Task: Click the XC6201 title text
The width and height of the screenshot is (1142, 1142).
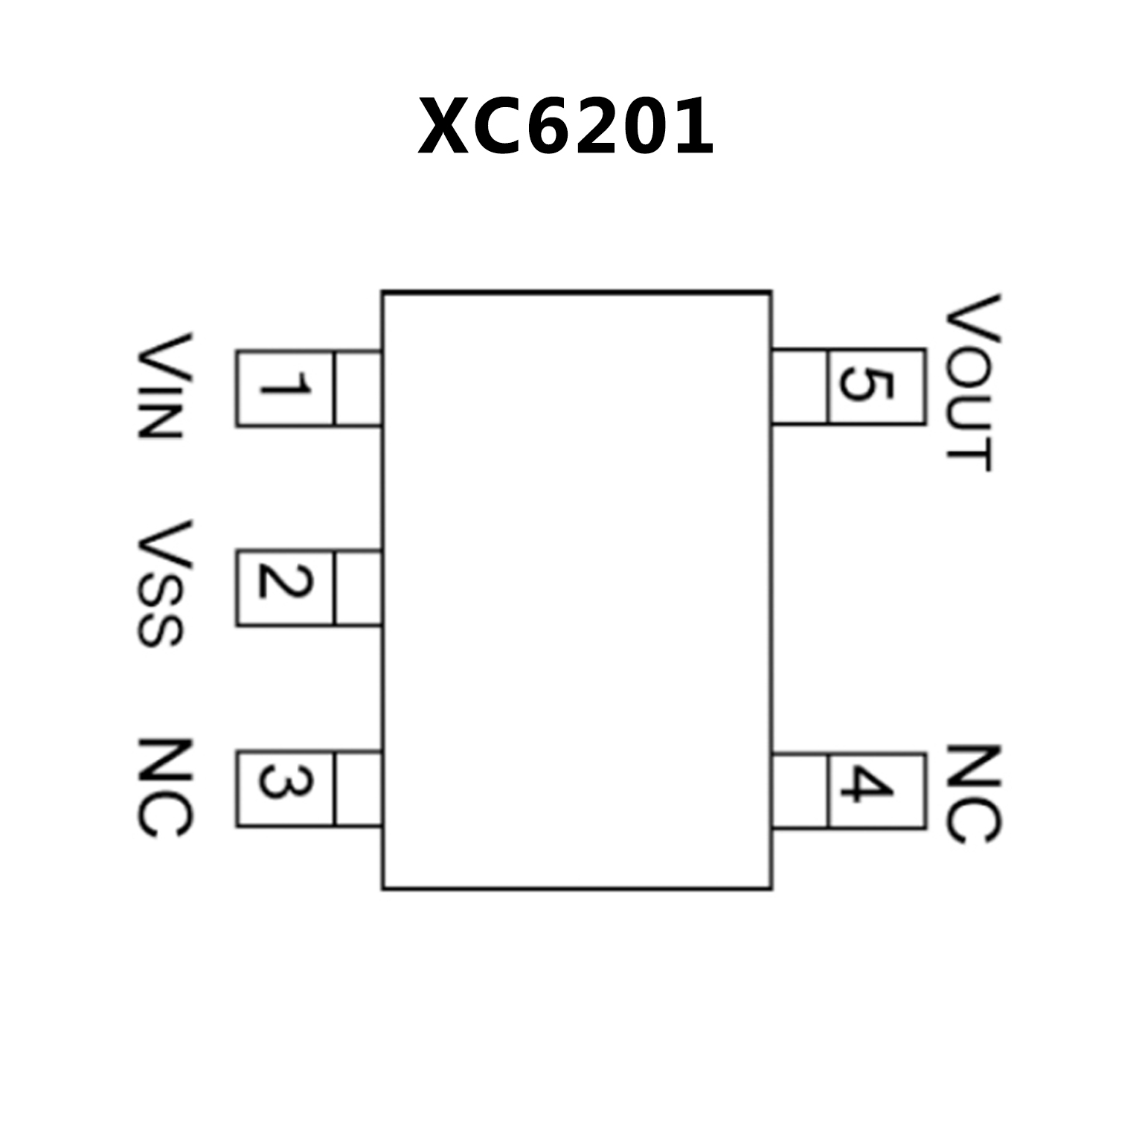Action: [x=565, y=126]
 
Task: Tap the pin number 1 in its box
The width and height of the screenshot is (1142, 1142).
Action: [x=285, y=388]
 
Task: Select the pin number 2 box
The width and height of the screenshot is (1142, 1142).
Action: [x=285, y=588]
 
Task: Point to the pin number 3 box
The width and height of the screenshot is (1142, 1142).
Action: [x=285, y=788]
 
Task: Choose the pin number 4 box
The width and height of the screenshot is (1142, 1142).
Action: [x=876, y=789]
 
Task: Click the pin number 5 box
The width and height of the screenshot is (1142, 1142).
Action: [x=876, y=386]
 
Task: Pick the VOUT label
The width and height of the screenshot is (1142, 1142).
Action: [x=971, y=383]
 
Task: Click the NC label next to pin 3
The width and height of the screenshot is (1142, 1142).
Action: [x=164, y=789]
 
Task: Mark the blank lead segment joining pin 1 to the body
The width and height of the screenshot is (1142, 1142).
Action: [x=359, y=388]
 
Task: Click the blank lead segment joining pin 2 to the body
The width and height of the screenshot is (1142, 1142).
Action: [x=359, y=588]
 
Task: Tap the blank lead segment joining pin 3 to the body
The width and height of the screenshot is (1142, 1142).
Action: [x=359, y=788]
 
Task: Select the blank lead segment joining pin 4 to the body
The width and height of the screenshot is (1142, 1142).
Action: [x=800, y=789]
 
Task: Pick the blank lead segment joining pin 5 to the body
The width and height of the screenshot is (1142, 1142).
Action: [x=800, y=386]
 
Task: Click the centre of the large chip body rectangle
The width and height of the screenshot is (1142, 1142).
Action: [x=577, y=590]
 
